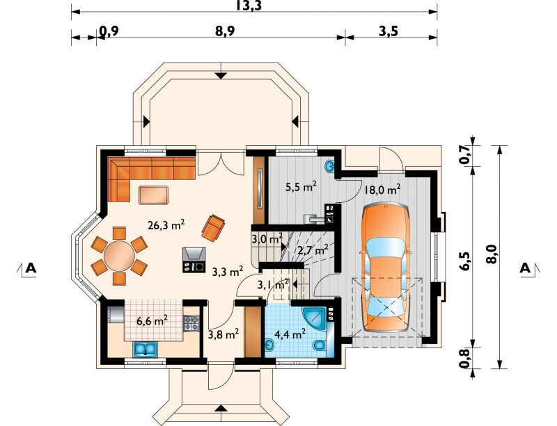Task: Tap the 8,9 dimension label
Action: coord(225,31)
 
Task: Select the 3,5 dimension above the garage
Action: coord(389,31)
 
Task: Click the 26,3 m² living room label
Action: coord(166,225)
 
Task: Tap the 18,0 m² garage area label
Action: coord(382,190)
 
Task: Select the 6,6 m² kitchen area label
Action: coord(152,320)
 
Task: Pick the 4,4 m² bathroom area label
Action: coord(290,334)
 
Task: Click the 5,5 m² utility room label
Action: coord(301,186)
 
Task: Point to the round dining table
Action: coord(119,255)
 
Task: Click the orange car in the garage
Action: coord(386,267)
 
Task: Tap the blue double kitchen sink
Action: coord(146,349)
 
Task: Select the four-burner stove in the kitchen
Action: coord(191,323)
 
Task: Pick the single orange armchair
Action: coord(214,228)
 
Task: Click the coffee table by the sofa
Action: coord(153,195)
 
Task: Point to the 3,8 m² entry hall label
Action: coord(223,334)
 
